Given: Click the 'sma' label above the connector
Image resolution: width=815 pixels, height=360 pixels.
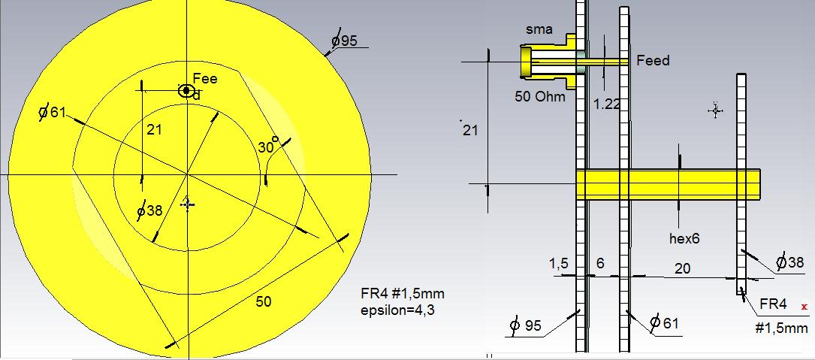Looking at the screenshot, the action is tap(539, 29).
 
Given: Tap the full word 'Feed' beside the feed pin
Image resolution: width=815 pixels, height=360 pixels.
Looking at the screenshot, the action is tap(654, 61).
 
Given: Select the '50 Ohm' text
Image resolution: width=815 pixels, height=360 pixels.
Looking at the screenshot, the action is tap(540, 96).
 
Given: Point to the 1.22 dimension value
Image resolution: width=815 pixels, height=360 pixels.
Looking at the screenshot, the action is tap(607, 104).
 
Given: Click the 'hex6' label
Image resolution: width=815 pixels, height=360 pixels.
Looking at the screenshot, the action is tap(684, 239).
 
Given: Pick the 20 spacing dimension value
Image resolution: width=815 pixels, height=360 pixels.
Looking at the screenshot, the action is tap(683, 268).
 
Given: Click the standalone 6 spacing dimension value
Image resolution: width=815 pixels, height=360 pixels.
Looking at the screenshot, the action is tap(600, 264).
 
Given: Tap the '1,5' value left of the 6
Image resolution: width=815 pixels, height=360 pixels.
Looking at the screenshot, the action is tap(559, 265).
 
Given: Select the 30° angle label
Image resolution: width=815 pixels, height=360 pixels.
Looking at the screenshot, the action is tap(268, 146).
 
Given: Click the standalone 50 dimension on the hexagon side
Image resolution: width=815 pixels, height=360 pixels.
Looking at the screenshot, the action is tap(264, 301).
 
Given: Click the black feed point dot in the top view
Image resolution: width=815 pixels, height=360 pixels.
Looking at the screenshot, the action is tap(186, 90).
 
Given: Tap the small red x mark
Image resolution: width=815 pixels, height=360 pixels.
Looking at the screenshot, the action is tap(804, 307).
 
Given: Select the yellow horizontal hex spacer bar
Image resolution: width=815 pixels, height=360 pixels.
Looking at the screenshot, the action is tap(668, 184).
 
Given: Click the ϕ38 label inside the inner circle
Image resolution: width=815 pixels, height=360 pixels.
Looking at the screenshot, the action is tap(149, 210).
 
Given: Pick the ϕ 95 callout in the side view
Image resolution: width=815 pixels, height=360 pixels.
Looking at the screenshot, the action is tap(526, 325).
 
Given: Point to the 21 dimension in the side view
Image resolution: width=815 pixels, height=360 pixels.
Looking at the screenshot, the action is tap(470, 130).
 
